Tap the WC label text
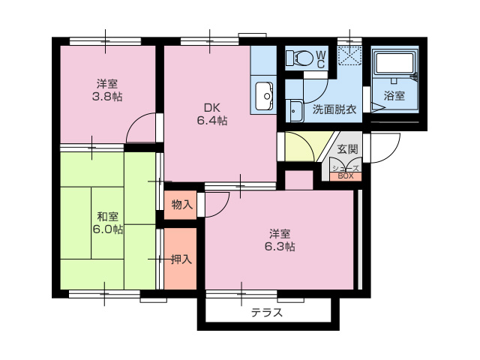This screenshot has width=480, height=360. click(x=320, y=58)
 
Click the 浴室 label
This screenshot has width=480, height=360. click(x=394, y=95)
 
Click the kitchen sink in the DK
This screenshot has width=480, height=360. click(x=265, y=95)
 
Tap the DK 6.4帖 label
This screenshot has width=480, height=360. click(x=212, y=113)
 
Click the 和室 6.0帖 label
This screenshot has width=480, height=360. click(x=107, y=222)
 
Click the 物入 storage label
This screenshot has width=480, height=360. click(x=181, y=204)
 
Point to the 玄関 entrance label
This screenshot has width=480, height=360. click(x=346, y=148)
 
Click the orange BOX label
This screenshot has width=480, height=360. click(x=345, y=176)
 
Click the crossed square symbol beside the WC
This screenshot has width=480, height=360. click(x=349, y=57)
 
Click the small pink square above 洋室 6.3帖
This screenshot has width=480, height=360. click(x=298, y=180)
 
